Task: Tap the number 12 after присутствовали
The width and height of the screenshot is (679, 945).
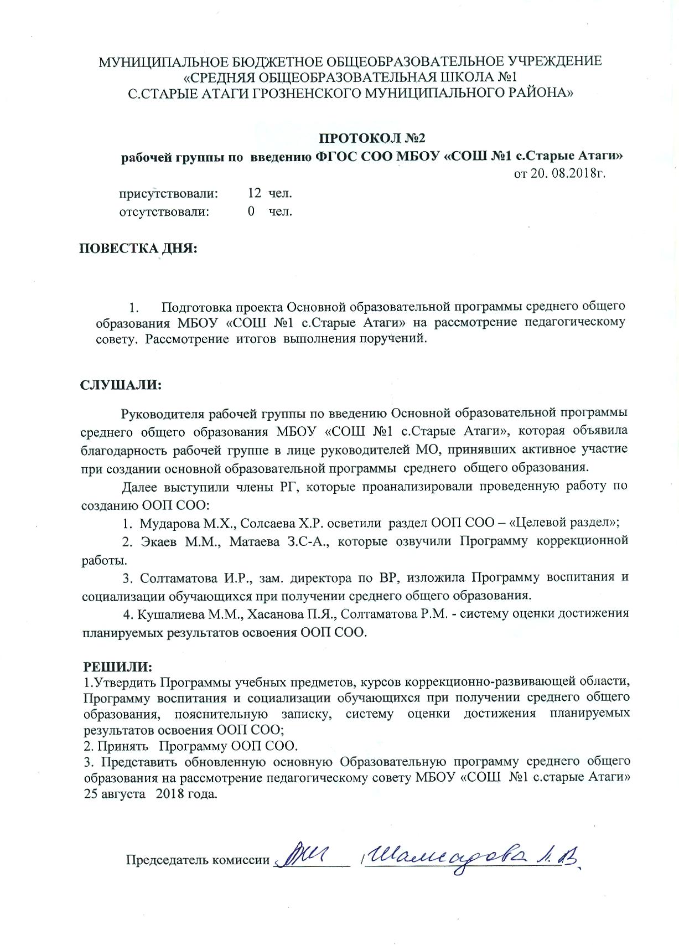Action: [x=255, y=193]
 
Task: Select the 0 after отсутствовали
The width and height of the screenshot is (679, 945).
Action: [x=251, y=211]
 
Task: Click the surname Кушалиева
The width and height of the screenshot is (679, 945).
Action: [x=171, y=613]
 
